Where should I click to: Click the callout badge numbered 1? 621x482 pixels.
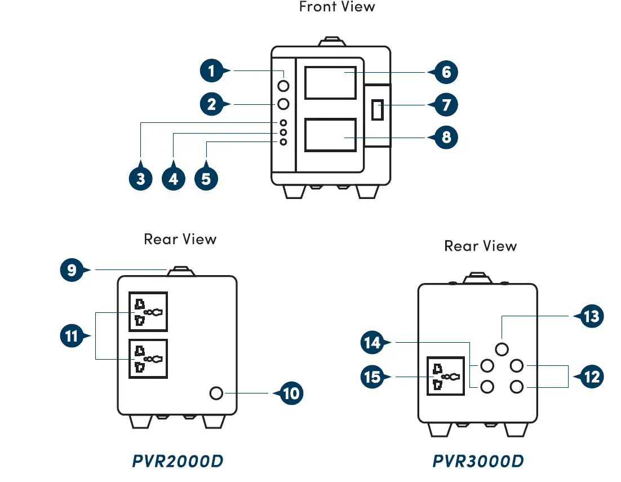211,71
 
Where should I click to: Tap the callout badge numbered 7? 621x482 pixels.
446,105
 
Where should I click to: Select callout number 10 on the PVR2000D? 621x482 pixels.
291,393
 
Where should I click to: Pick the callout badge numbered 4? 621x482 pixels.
174,178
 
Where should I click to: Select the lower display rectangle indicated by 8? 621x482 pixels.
330,135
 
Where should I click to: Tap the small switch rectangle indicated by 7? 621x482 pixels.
378,110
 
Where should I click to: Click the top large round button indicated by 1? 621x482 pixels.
283,86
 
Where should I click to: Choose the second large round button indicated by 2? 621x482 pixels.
283,104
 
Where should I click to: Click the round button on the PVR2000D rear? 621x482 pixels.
216,393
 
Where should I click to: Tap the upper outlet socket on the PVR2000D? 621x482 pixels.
148,311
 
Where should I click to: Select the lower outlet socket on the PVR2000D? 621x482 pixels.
148,359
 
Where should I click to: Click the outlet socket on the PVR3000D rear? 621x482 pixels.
446,376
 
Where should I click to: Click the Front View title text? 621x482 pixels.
337,7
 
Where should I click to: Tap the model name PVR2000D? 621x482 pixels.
178,461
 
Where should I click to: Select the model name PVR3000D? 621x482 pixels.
478,461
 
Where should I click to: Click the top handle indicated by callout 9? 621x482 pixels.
181,271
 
